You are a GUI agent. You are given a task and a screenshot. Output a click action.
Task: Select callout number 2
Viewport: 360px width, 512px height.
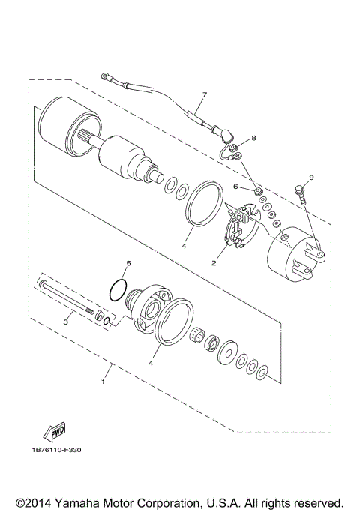[214, 263]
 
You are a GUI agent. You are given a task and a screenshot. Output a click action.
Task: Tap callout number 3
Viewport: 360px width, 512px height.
[65, 322]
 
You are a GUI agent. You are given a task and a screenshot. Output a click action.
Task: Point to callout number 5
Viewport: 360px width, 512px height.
[127, 264]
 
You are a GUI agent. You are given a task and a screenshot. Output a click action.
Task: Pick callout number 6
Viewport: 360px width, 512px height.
[235, 187]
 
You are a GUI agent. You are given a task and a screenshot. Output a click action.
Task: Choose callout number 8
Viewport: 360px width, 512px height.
[253, 139]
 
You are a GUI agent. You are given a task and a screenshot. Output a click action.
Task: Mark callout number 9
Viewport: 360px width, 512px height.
[311, 177]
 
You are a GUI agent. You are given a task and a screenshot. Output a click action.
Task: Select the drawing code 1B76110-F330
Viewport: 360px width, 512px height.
[56, 471]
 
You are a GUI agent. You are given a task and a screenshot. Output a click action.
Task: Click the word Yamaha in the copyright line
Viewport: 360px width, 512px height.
[82, 502]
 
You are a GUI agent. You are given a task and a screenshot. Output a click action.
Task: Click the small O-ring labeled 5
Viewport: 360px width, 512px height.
[116, 289]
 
